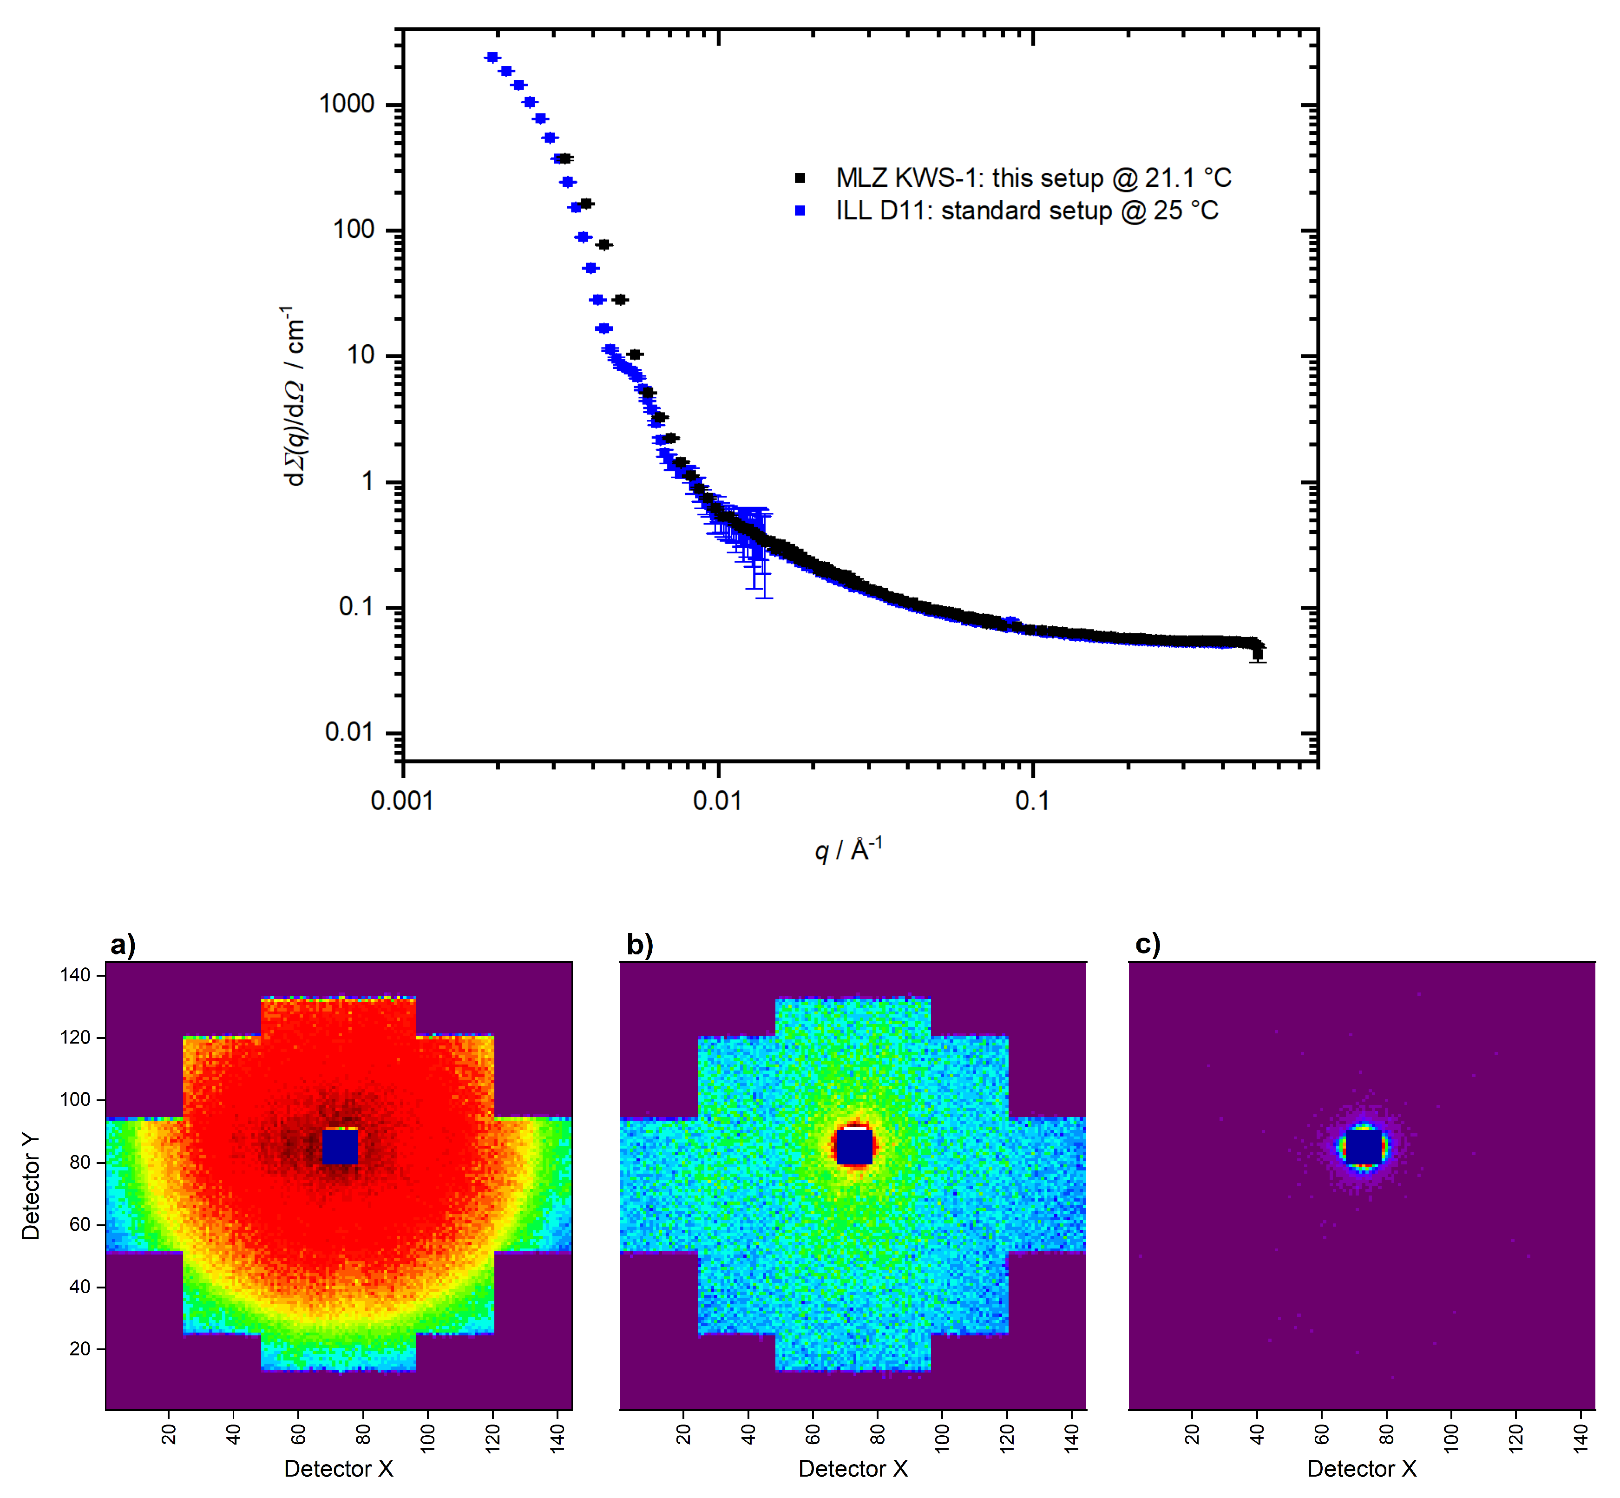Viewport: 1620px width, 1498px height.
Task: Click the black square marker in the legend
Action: click(x=800, y=177)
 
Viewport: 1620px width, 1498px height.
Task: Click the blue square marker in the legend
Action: click(x=800, y=211)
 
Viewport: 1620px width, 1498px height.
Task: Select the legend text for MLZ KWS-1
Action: click(x=1033, y=177)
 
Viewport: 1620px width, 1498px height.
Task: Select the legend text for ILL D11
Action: click(x=1027, y=211)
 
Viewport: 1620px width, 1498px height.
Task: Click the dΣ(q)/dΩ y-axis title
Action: click(x=293, y=397)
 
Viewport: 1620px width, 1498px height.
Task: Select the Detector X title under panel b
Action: click(x=853, y=1469)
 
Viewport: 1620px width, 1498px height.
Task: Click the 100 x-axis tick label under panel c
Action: click(x=1450, y=1437)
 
